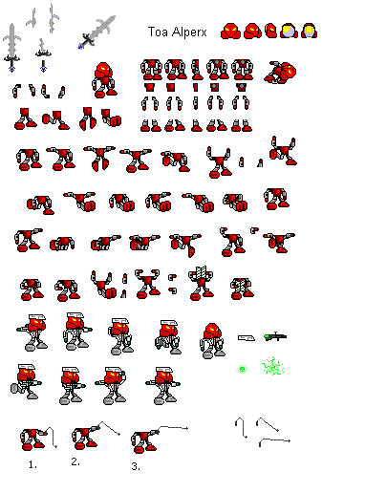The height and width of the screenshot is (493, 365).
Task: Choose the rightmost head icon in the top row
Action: click(310, 31)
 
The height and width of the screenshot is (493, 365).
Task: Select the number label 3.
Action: click(137, 465)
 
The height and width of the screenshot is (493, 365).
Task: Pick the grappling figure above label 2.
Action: click(87, 437)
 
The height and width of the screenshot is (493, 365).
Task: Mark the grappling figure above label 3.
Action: click(143, 439)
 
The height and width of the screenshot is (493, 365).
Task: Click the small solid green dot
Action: click(243, 369)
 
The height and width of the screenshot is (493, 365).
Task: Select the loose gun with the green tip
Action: click(276, 335)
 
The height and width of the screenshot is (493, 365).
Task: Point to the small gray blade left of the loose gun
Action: click(246, 336)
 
